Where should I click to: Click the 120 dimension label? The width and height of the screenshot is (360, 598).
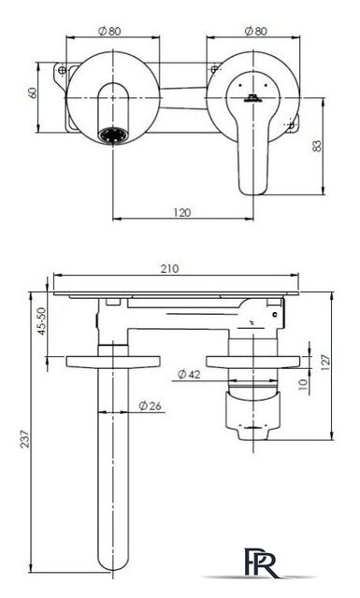coord(181,212)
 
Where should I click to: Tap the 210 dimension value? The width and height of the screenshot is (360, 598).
coord(169,269)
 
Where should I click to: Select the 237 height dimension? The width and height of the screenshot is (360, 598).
coord(25,439)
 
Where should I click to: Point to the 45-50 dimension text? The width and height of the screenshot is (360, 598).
coord(41,321)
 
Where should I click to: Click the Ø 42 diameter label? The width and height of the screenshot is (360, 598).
coord(189,375)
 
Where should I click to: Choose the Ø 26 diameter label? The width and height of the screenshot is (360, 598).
coord(150,406)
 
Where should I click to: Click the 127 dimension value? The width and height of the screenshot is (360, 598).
coord(325,363)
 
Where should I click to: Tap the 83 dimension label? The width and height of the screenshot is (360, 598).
coord(317,146)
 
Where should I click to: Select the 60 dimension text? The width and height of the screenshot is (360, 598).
coord(33,93)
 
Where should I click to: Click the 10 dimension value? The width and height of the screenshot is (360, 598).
coord(302,384)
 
